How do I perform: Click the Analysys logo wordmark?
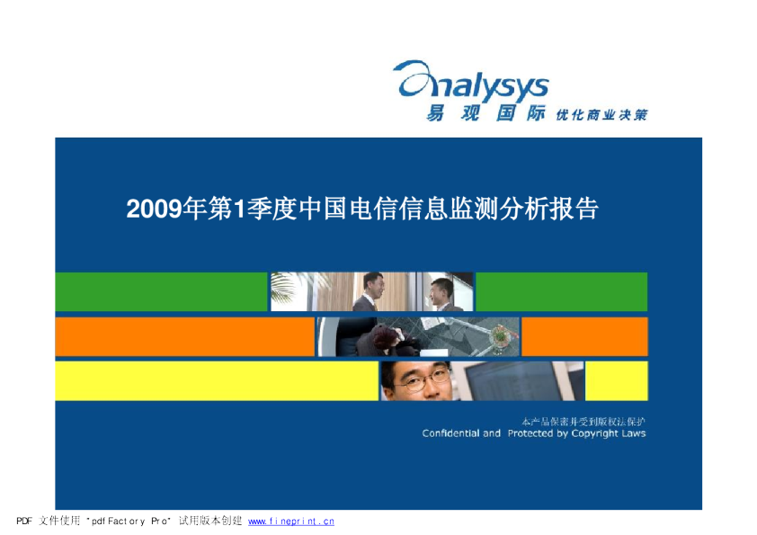(x=471, y=81)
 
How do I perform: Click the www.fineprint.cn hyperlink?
(x=291, y=522)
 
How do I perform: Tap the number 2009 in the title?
(x=154, y=210)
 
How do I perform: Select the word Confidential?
(x=451, y=433)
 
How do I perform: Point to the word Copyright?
(x=594, y=433)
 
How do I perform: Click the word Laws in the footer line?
(x=634, y=433)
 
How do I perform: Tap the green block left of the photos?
(x=161, y=291)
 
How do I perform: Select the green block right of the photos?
(x=562, y=291)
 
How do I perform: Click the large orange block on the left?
(x=185, y=336)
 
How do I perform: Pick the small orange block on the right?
(x=584, y=336)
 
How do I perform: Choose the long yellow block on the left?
(x=217, y=381)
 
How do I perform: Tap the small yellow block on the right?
(x=617, y=381)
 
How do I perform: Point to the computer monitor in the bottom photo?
(x=517, y=381)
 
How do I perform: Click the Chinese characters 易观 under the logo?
(x=453, y=113)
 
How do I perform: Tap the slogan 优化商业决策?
(x=601, y=115)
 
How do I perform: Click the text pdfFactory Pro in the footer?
(x=129, y=522)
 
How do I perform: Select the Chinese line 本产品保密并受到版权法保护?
(x=583, y=422)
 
